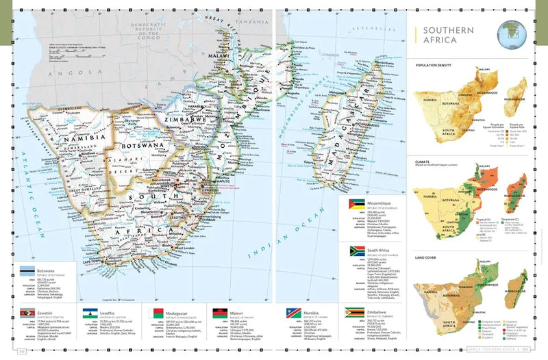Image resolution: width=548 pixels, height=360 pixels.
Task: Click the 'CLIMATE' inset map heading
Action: (x=427, y=159)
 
